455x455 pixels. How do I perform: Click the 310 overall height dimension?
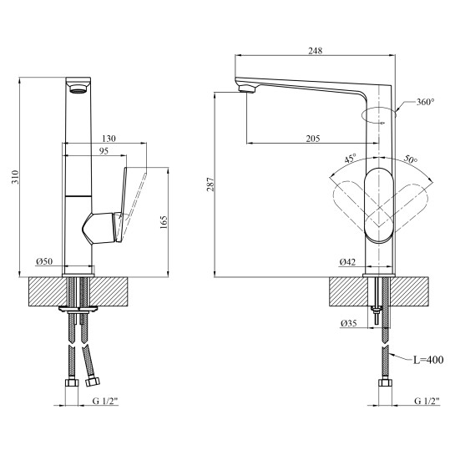pos(15,177)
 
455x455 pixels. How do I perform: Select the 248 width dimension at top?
pos(315,51)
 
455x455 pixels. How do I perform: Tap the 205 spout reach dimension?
pos(313,139)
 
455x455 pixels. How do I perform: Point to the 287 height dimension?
pos(210,184)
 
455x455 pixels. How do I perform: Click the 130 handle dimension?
pos(109,139)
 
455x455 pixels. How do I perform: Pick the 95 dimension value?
pos(104,151)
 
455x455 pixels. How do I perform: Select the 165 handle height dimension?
pos(164,222)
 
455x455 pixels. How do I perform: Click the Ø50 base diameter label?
pos(44,261)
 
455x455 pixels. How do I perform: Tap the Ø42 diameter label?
pos(347,262)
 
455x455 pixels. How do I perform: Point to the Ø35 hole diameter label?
pos(349,323)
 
